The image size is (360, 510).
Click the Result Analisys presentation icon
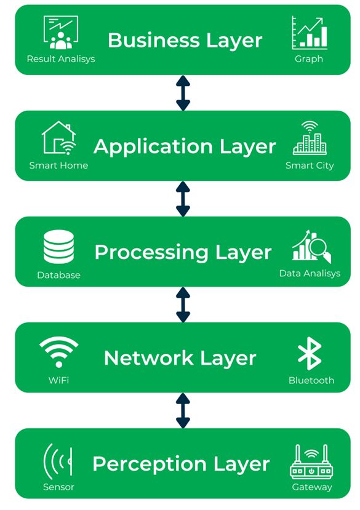[61, 33]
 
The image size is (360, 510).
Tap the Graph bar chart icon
[310, 33]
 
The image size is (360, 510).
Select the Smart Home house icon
[59, 138]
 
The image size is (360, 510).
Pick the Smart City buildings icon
[310, 138]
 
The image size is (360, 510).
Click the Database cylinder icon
[58, 247]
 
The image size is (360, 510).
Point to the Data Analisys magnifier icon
[311, 246]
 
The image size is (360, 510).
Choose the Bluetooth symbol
[310, 354]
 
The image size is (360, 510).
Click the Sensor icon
[58, 461]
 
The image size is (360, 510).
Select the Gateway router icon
[311, 461]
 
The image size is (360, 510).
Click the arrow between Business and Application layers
[183, 93]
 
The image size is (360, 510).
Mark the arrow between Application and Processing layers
[183, 199]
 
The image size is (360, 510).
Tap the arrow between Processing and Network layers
[183, 305]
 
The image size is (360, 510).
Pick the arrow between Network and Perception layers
[183, 410]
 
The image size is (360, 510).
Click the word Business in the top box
[154, 41]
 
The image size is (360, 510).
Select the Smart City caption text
[310, 165]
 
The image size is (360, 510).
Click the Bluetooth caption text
[311, 380]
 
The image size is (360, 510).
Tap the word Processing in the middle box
[151, 253]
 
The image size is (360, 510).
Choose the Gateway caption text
[312, 487]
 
